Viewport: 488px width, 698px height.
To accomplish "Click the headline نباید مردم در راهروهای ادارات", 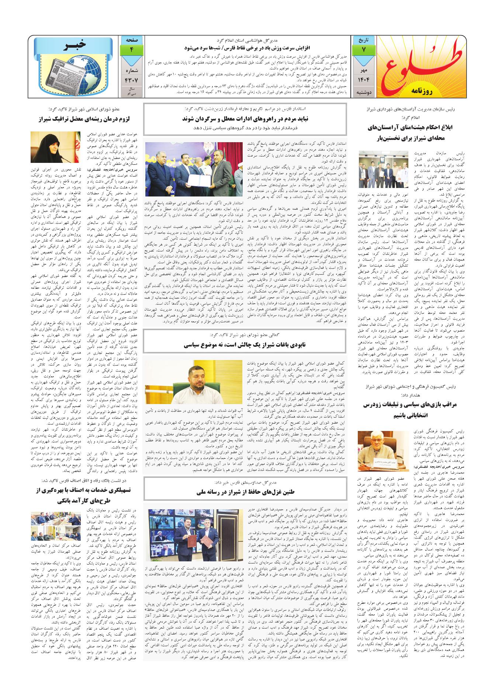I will (x=245, y=119).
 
